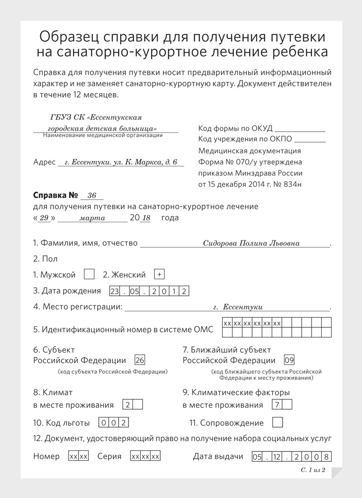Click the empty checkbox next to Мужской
(89, 274)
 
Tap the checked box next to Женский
(159, 274)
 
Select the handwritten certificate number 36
(92, 196)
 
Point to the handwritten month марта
(92, 218)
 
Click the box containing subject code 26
(140, 360)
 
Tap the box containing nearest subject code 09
(289, 360)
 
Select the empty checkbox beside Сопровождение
(277, 422)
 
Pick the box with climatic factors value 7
(277, 405)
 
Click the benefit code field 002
(114, 422)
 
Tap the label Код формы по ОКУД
(235, 129)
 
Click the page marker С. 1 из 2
(313, 470)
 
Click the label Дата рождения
(67, 290)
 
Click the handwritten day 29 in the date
(44, 218)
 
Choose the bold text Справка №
(55, 195)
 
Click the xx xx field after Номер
(78, 456)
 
